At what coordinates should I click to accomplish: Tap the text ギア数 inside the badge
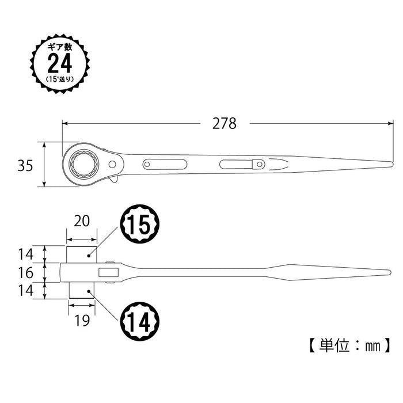coord(60,46)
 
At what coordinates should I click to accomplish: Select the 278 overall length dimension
coord(225,123)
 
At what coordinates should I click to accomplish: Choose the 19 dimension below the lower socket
coord(82,320)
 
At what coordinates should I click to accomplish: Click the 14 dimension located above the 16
coord(25,253)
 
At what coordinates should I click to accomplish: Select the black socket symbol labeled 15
coord(139,225)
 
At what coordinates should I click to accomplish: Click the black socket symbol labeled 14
coord(139,320)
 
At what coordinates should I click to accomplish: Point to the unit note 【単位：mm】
coord(347,345)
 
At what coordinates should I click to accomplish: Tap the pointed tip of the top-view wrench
coord(391,165)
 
